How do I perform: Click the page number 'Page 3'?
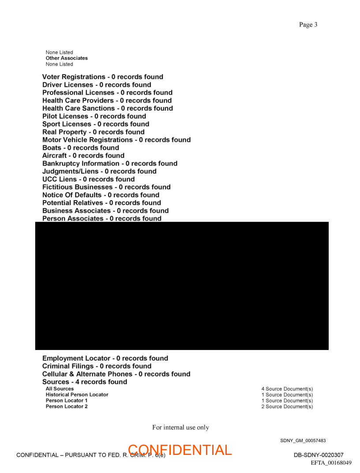pos(308,25)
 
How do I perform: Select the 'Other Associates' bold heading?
pos(67,58)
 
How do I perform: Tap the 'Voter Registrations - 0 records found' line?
pos(102,77)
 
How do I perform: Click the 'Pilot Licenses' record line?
pos(94,116)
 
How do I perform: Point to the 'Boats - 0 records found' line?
pos(80,148)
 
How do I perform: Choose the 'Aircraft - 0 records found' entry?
pos(83,156)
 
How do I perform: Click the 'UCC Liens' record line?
pos(88,179)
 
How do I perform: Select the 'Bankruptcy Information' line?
pos(109,164)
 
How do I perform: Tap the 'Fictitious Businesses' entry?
pos(106,187)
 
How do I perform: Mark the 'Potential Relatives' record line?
pos(101,203)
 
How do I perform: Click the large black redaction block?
pos(182,286)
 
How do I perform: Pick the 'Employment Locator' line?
pos(105,358)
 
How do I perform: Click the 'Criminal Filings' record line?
pos(97,366)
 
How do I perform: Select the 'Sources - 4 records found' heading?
pos(84,382)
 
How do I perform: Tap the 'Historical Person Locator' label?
pos(77,395)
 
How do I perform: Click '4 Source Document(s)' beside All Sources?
pos(287,389)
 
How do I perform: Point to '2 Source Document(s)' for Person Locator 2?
pos(287,406)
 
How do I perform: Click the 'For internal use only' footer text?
pos(180,428)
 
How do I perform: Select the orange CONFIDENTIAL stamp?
pos(180,450)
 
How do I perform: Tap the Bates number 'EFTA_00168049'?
pos(331,463)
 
